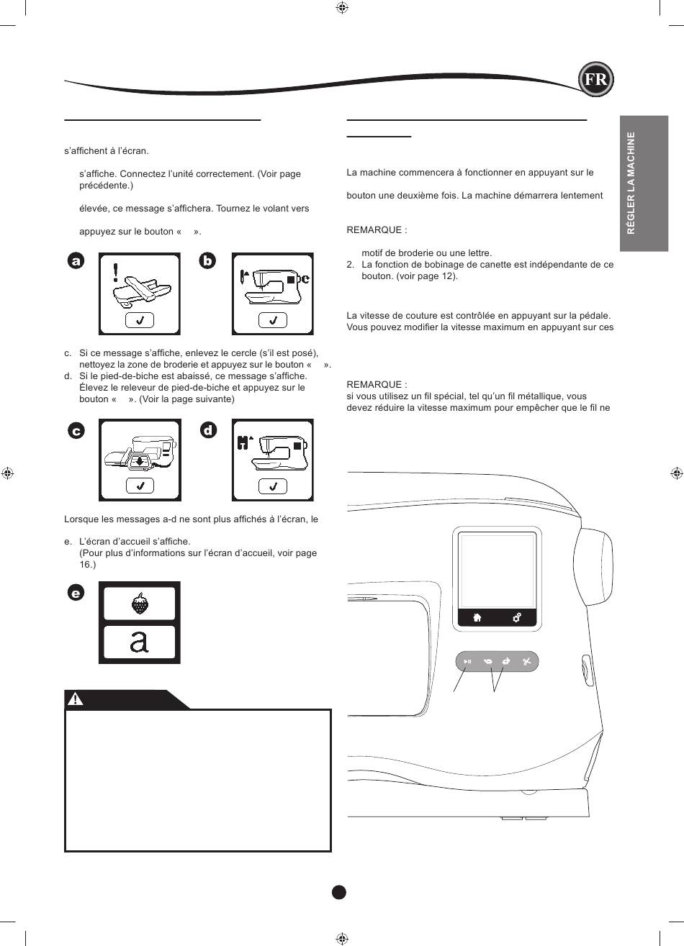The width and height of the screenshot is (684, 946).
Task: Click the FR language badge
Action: [595, 79]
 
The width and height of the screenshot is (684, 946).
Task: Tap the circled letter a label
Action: [76, 261]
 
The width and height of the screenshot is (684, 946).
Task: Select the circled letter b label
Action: [207, 260]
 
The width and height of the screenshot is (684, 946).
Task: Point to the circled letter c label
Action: [76, 431]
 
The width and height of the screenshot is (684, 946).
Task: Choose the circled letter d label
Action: [208, 430]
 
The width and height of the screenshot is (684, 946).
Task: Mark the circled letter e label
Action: [76, 593]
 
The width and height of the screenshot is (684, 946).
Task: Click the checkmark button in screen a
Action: [140, 320]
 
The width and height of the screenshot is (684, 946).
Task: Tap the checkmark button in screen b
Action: [273, 320]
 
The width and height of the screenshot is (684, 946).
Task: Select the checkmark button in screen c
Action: [140, 486]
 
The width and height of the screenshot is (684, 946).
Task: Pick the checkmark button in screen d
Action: [273, 486]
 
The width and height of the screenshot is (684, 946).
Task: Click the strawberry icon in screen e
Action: [140, 604]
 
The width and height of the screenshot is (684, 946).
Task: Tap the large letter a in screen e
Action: [139, 642]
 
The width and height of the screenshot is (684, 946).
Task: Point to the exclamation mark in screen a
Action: [115, 273]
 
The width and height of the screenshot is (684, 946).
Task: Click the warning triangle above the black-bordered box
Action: [76, 699]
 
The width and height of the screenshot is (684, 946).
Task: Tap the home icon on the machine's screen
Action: [477, 618]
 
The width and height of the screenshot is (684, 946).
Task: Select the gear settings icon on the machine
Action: [516, 618]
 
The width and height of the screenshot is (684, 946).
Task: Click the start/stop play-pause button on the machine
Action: [467, 662]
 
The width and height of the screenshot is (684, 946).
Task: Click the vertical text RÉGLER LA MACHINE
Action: [631, 183]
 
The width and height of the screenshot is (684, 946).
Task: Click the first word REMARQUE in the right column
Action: [374, 230]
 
